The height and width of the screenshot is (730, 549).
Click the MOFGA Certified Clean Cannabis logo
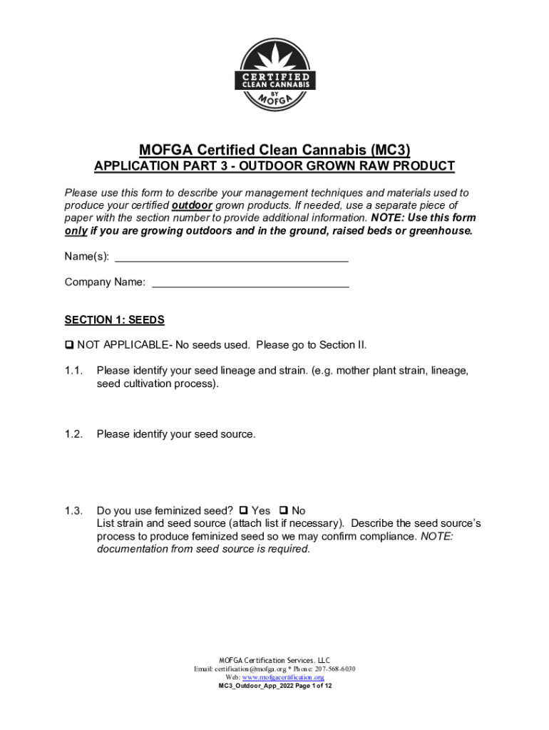click(x=274, y=75)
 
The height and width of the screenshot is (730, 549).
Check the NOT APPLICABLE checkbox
click(x=69, y=346)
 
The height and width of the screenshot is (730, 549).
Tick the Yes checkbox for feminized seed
click(x=244, y=510)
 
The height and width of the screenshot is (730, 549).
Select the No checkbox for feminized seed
click(x=284, y=510)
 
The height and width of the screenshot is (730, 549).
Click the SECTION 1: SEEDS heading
click(x=115, y=320)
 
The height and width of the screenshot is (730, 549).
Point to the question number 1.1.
click(x=74, y=371)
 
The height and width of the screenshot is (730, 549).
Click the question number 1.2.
click(x=74, y=433)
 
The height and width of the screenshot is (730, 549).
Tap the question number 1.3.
click(x=74, y=510)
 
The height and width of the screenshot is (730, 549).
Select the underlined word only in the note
click(x=76, y=231)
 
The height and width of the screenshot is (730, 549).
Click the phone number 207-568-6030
click(x=334, y=669)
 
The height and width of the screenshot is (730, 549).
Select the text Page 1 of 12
click(x=309, y=686)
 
